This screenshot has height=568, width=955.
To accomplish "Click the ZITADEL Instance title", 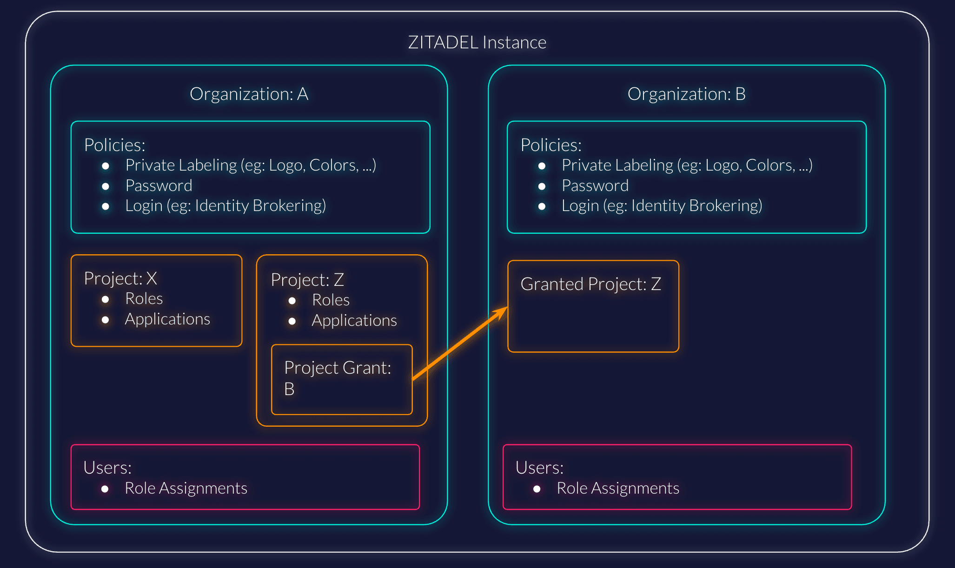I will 477,43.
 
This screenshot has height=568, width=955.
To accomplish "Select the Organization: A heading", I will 249,94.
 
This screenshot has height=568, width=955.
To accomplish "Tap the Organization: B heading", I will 686,94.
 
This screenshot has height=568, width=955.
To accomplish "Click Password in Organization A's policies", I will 159,186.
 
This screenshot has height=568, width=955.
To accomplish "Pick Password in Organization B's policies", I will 595,186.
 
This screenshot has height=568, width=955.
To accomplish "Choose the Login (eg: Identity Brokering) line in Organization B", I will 662,206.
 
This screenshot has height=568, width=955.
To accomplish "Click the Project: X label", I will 120,278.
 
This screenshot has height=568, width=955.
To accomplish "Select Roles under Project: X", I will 144,299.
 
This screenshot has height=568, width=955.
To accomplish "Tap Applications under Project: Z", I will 354,321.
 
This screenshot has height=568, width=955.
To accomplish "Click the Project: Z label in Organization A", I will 307,280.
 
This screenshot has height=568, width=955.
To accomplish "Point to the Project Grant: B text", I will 337,378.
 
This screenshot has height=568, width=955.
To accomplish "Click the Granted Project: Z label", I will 590,284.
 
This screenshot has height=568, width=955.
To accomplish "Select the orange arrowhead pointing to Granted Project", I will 502,311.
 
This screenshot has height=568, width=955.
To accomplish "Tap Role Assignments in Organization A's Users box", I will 186,489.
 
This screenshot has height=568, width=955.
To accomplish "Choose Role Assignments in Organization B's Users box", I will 618,489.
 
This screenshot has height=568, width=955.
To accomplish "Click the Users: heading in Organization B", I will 539,468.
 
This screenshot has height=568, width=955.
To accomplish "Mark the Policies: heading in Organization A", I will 114,145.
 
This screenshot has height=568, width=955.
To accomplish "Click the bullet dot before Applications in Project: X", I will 106,320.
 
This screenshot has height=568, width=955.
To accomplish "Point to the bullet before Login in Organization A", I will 106,206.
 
